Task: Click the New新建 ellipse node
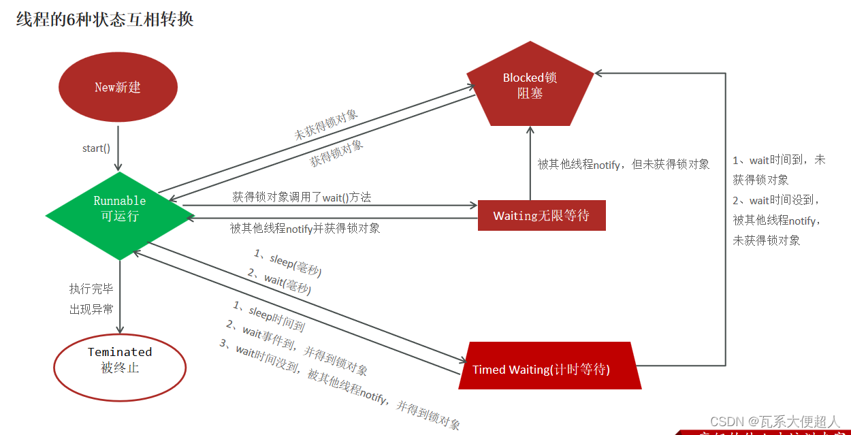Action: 118,88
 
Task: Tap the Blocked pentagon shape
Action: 530,86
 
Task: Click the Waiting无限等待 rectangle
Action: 541,216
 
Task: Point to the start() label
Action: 96,148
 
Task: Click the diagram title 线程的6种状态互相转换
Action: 105,19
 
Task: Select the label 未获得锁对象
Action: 326,124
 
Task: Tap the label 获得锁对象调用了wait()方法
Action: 302,197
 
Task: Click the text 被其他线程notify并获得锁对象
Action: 305,229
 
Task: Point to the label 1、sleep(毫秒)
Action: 287,262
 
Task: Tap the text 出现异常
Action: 91,309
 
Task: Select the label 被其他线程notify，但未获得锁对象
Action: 624,164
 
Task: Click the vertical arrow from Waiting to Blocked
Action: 529,163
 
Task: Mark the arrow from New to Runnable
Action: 118,146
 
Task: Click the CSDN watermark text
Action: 775,422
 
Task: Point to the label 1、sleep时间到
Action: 269,316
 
